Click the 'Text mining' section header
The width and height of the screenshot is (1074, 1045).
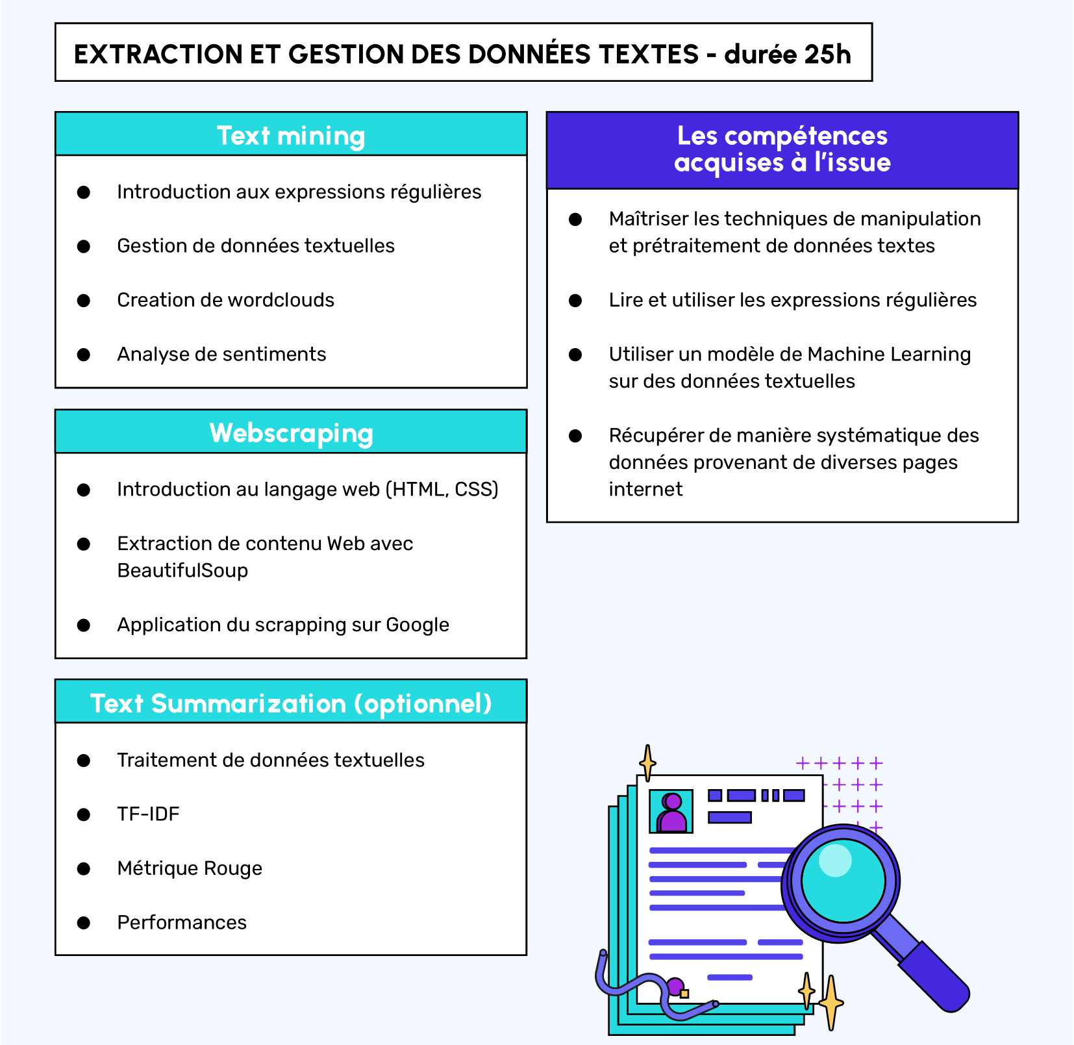point(291,135)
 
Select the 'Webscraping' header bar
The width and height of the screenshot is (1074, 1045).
point(291,433)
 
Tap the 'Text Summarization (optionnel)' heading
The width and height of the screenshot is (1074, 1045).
point(291,703)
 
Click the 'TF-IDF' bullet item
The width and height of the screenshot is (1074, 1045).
point(148,814)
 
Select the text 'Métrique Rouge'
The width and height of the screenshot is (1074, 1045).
point(190,868)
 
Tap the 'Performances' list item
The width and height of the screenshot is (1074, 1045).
point(182,922)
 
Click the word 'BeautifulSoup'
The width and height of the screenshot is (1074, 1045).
point(182,570)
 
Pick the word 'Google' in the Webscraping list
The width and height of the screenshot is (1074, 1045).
point(418,625)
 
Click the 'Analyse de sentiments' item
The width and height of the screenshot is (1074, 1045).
point(221,354)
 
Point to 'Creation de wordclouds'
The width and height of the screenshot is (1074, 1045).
point(225,300)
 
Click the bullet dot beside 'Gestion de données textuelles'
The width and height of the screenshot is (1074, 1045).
point(84,246)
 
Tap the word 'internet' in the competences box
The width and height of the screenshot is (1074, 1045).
point(645,489)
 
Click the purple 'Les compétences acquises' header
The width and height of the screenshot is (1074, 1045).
point(782,149)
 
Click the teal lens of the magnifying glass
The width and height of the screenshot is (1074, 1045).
point(843,881)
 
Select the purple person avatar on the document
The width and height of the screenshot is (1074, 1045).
point(672,812)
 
